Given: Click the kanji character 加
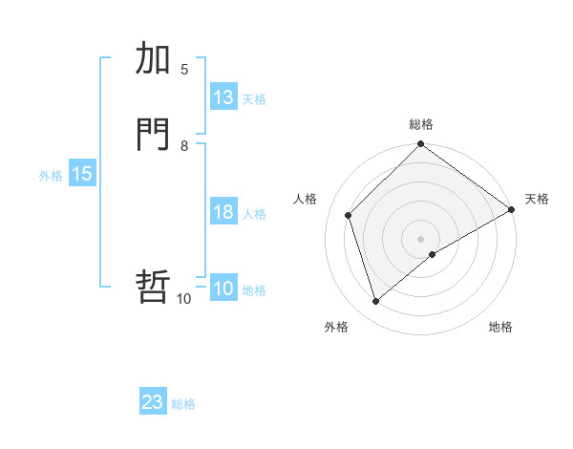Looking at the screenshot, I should pos(154,59).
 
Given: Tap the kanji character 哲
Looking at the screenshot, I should pos(154,287).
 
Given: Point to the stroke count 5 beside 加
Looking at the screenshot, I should pos(184,69).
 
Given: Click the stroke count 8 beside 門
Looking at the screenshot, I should pos(184,145).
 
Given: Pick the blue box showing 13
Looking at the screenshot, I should pos(223,97).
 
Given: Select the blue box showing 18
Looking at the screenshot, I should pos(223,212).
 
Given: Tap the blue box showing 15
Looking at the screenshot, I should pos(82,174).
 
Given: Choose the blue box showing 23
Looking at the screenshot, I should pos(153,402).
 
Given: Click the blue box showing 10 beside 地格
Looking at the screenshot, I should pos(223,289).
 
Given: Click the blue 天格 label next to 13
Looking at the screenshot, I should pos(254,99).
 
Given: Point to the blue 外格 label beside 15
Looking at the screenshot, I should pos(51,176).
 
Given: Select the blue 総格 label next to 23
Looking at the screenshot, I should pos(183,404).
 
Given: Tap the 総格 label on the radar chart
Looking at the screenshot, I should pos(421,124).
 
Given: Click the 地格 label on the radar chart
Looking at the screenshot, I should pos(500,328).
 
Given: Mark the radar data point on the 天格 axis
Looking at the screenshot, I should pos(511,210).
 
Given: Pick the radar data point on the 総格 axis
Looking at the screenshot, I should pos(421,145).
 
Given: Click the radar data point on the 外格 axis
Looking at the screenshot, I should pos(375,302).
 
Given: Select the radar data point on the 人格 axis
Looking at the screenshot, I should pos(349,215).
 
